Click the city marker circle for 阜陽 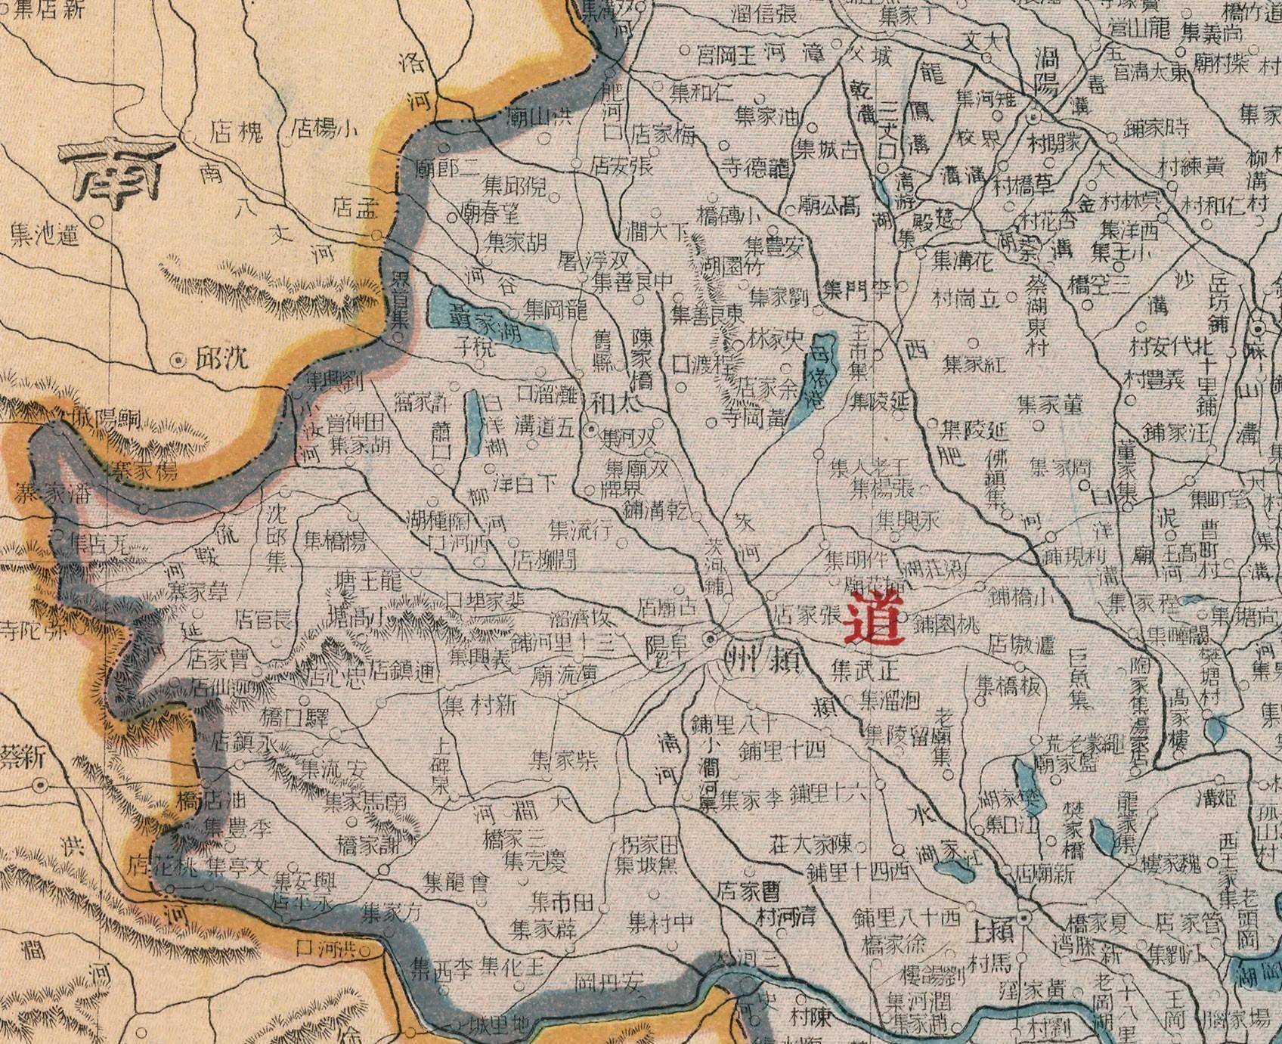[711, 640]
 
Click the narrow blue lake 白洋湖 [472, 423]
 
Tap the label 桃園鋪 [946, 624]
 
